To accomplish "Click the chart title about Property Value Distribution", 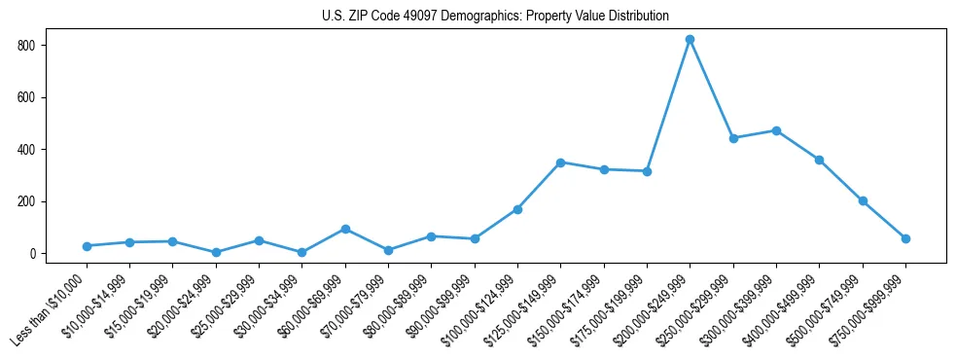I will tap(495, 16).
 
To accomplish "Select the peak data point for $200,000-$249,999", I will tap(690, 40).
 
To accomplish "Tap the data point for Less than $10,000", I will tap(87, 246).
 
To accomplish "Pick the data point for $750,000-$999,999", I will tap(905, 238).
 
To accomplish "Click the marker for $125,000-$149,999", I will tap(560, 162).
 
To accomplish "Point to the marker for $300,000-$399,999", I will tap(776, 130).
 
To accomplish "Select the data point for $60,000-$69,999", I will tap(345, 229).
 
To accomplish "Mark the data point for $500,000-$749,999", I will tap(863, 200).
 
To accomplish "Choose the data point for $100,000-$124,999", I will tap(517, 209).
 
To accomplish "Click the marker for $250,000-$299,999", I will tap(733, 138).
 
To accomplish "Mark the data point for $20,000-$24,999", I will tap(216, 252).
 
